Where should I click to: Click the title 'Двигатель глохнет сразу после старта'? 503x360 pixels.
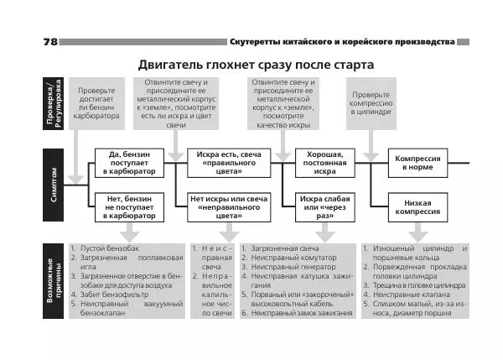point(256,65)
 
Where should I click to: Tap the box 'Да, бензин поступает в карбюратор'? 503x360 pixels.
point(125,163)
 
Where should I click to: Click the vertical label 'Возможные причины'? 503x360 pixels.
point(54,282)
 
